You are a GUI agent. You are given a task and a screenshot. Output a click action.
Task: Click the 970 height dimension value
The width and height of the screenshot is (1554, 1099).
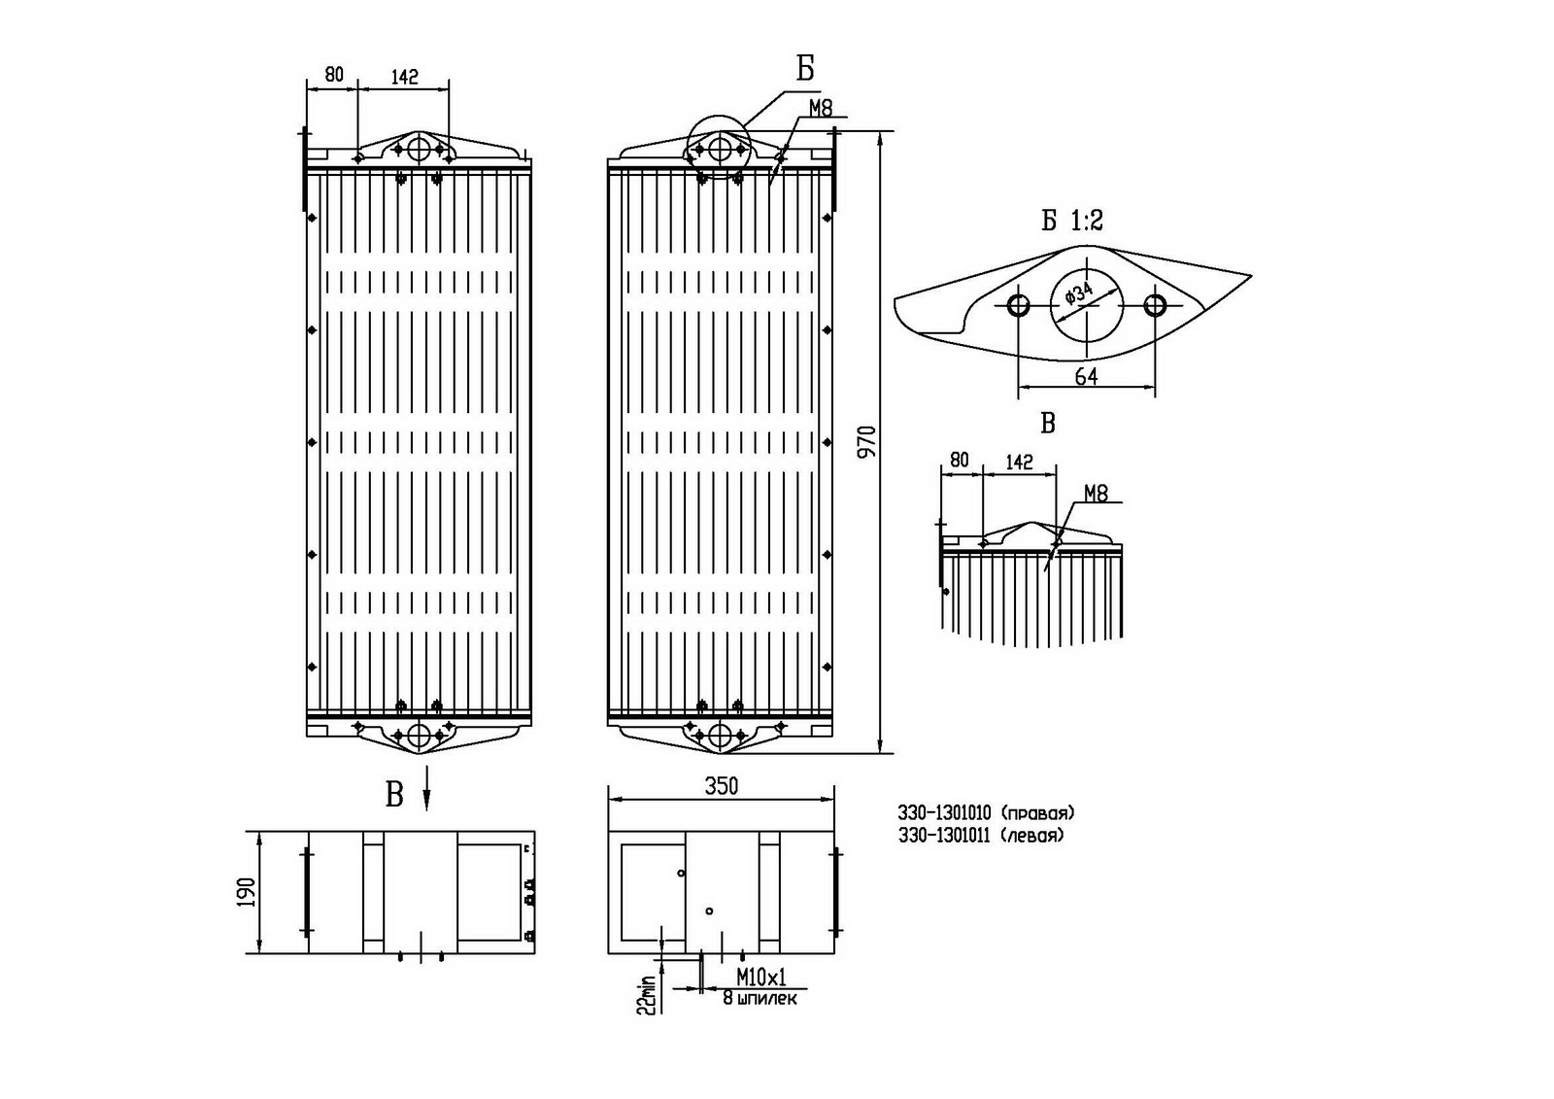tap(868, 441)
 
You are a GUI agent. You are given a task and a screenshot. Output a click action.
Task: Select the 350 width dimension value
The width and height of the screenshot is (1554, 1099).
tap(721, 785)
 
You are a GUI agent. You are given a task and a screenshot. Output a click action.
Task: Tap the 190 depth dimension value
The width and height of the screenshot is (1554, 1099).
tap(246, 892)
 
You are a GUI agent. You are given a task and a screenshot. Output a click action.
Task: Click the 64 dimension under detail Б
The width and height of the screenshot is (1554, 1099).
tap(1086, 376)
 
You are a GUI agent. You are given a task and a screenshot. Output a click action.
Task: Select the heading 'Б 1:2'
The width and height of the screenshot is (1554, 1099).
tap(1072, 222)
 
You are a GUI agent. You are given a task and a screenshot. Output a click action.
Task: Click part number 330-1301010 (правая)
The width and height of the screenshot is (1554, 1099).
tap(986, 812)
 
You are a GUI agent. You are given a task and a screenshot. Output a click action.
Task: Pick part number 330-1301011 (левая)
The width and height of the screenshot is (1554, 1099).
tap(981, 835)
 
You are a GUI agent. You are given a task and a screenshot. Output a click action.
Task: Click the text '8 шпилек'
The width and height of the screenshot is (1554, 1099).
tap(760, 998)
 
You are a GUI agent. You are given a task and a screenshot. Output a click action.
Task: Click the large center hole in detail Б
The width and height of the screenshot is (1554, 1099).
tap(1087, 305)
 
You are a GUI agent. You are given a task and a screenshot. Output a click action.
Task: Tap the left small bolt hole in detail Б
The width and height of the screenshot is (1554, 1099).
tap(1019, 305)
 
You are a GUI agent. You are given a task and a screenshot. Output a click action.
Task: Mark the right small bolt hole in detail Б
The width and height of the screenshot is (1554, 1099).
tap(1155, 305)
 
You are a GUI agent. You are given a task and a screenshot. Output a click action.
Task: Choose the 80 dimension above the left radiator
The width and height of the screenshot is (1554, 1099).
tap(333, 74)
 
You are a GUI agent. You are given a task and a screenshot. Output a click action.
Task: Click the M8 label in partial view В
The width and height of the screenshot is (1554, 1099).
tap(1096, 494)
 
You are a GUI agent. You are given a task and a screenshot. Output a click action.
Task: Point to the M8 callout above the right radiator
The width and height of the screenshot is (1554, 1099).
tap(821, 108)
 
